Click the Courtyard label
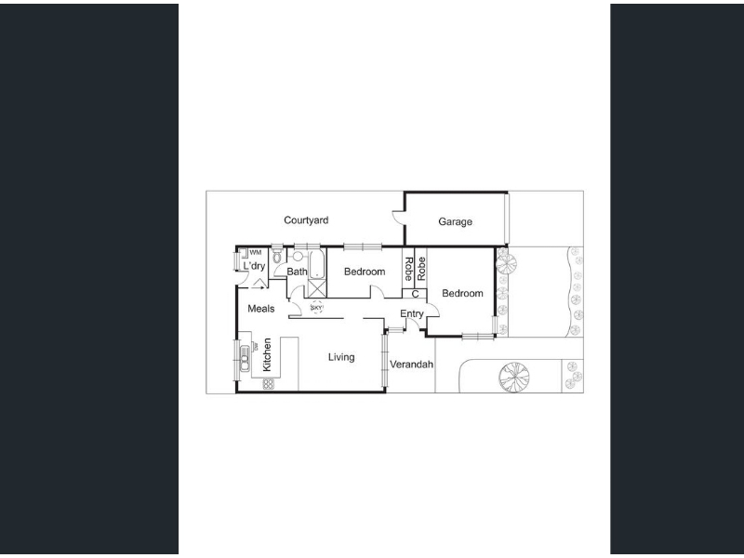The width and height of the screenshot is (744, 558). coord(306,220)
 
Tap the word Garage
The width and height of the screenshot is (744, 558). coord(455,221)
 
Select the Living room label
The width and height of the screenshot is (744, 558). coord(341,357)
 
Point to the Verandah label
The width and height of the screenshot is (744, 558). coord(411,365)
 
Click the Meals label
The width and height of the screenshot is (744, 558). coord(261,309)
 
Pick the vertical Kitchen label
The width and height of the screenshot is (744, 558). coord(267,354)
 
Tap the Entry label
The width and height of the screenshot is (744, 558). coord(411,313)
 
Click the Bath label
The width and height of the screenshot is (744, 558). coord(297,272)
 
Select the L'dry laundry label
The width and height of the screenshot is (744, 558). coord(254,266)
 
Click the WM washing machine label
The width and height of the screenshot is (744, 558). coord(255,252)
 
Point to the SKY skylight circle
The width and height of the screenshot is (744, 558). coord(316,308)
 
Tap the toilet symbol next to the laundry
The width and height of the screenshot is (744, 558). coord(277,255)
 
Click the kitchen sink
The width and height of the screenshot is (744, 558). coord(245,358)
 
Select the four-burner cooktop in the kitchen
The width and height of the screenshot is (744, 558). coord(268,384)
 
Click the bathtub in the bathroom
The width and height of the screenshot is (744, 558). coord(316,264)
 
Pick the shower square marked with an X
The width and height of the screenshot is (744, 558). coord(316,288)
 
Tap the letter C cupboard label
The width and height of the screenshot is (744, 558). coord(415,294)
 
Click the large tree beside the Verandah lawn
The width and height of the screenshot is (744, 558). coord(514,378)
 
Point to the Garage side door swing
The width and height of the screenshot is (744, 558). coord(399,216)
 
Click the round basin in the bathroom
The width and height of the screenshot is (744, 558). coord(298,257)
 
